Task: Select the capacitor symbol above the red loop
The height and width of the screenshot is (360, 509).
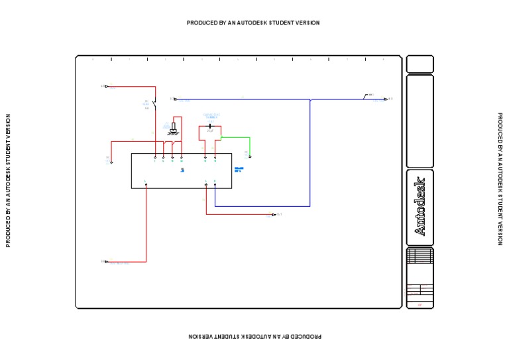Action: tap(210, 125)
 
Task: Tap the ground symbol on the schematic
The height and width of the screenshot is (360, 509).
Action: tap(173, 129)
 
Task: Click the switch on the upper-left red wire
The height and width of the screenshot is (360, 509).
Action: tap(154, 103)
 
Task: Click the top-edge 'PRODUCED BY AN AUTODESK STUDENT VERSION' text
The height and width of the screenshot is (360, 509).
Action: tap(253, 23)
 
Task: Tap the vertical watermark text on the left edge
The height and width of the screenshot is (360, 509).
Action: tap(9, 180)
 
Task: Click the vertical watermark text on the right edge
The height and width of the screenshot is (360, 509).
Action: tap(500, 179)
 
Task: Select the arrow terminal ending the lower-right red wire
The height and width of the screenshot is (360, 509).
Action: tap(274, 214)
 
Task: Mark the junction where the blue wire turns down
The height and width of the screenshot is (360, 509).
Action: tap(310, 99)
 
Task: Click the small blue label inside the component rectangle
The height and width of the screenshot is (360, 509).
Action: tap(182, 171)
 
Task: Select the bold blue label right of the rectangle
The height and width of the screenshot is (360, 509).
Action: tap(239, 170)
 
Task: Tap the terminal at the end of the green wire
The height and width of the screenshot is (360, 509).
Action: tap(250, 157)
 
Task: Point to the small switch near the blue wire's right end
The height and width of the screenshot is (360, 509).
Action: tap(366, 97)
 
